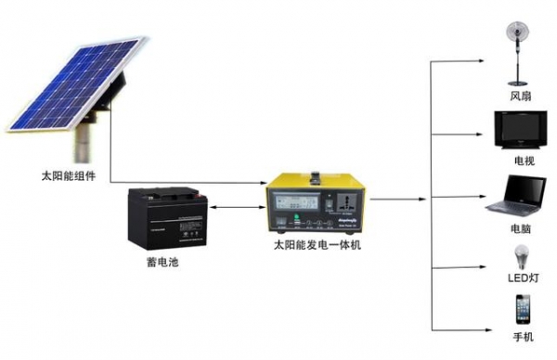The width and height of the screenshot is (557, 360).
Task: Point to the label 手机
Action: [x=521, y=338]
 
